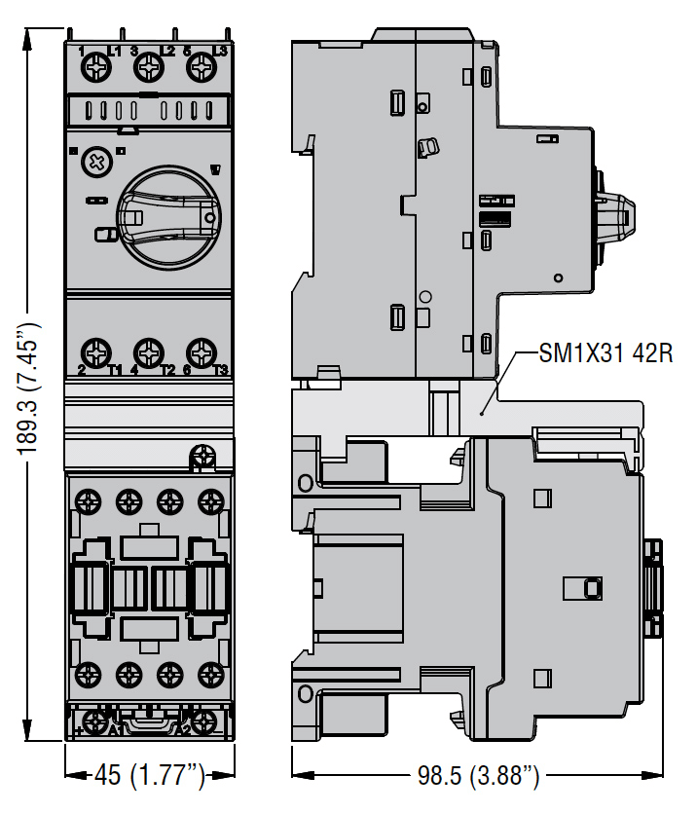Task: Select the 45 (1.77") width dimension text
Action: (151, 776)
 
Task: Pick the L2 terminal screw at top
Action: (148, 67)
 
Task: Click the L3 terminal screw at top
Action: (201, 67)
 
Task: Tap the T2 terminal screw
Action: (148, 351)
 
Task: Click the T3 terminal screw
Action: (201, 351)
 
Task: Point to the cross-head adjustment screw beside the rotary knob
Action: (95, 162)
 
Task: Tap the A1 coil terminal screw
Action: (95, 722)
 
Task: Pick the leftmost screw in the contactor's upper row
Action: (88, 501)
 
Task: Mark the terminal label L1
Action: (114, 51)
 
